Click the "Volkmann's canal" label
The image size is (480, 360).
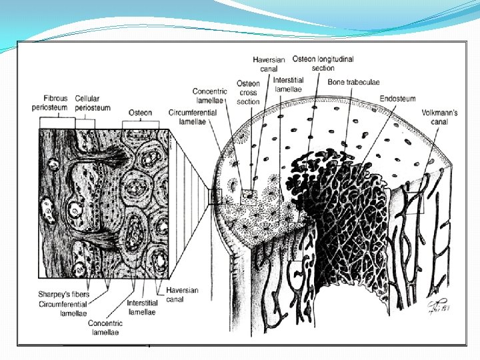(439, 117)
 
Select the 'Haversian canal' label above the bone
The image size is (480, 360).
(269, 64)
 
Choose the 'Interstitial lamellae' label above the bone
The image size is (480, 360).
(288, 85)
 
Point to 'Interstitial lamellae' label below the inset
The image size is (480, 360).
(142, 307)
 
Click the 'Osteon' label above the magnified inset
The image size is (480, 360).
(141, 113)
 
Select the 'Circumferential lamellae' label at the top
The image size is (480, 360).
(193, 117)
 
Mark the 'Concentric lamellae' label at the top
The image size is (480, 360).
(210, 96)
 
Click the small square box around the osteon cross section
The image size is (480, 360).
(249, 196)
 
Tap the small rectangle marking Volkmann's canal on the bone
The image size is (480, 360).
(413, 199)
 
